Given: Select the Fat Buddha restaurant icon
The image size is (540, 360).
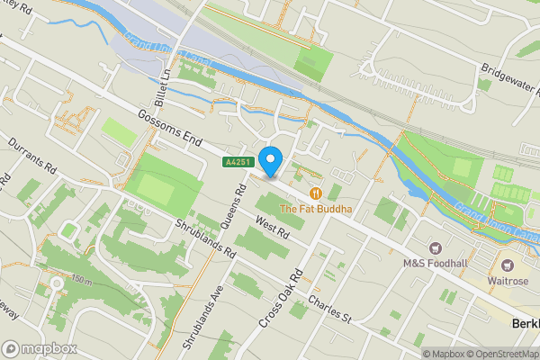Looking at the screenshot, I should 316,193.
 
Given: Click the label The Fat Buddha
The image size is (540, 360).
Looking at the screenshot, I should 315,209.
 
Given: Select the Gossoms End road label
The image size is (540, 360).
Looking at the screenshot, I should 169,130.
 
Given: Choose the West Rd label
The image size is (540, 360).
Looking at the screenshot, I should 271,228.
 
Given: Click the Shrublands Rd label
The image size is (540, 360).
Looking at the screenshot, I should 205,238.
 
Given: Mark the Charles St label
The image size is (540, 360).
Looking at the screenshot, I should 328,309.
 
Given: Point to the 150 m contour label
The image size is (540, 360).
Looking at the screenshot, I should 81,282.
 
